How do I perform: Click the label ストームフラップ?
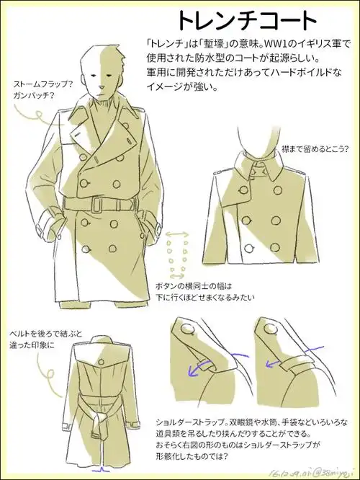point(42,84)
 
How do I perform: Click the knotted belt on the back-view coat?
point(100,416)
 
